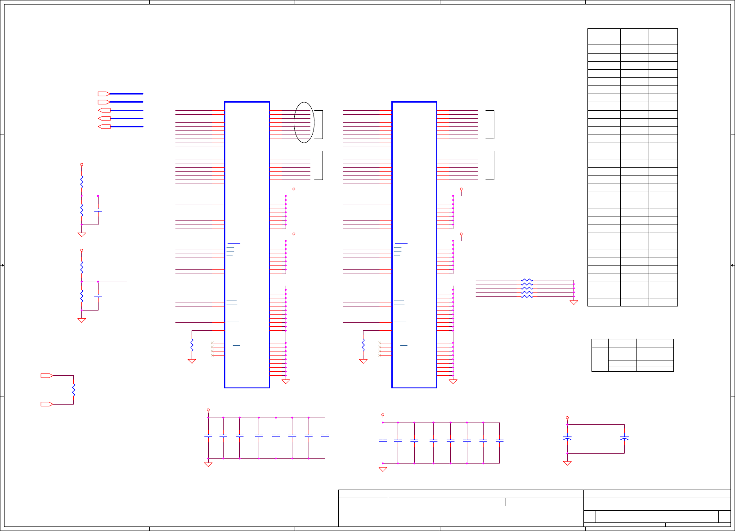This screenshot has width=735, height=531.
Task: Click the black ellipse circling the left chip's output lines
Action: (304, 122)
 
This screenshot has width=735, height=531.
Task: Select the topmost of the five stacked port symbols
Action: (104, 94)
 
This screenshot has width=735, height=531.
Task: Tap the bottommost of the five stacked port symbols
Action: (104, 127)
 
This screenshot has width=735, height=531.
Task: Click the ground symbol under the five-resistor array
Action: (574, 302)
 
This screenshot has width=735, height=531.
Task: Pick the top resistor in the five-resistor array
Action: (527, 280)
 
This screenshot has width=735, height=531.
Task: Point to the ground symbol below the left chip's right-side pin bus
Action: (286, 382)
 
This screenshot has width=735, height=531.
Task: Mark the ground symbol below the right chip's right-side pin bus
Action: (453, 382)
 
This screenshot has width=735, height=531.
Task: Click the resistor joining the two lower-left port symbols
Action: (73, 390)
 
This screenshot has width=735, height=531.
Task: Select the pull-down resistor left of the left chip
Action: (192, 345)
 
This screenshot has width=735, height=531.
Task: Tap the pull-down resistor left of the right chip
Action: (363, 345)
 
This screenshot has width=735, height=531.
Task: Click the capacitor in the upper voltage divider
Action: (98, 210)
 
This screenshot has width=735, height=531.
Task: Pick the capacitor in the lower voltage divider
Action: (98, 296)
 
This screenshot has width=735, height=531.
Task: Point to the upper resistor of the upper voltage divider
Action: (81, 182)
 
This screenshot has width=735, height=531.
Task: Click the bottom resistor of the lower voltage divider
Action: (81, 296)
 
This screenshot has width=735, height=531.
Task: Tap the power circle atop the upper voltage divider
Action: (81, 165)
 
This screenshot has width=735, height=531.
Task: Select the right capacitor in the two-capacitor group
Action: (624, 437)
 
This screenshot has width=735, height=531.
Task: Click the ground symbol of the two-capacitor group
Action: (567, 463)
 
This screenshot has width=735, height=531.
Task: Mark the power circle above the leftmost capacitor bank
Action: (208, 410)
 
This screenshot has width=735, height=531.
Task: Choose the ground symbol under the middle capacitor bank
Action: (383, 469)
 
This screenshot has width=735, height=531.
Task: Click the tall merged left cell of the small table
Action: (600, 359)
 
